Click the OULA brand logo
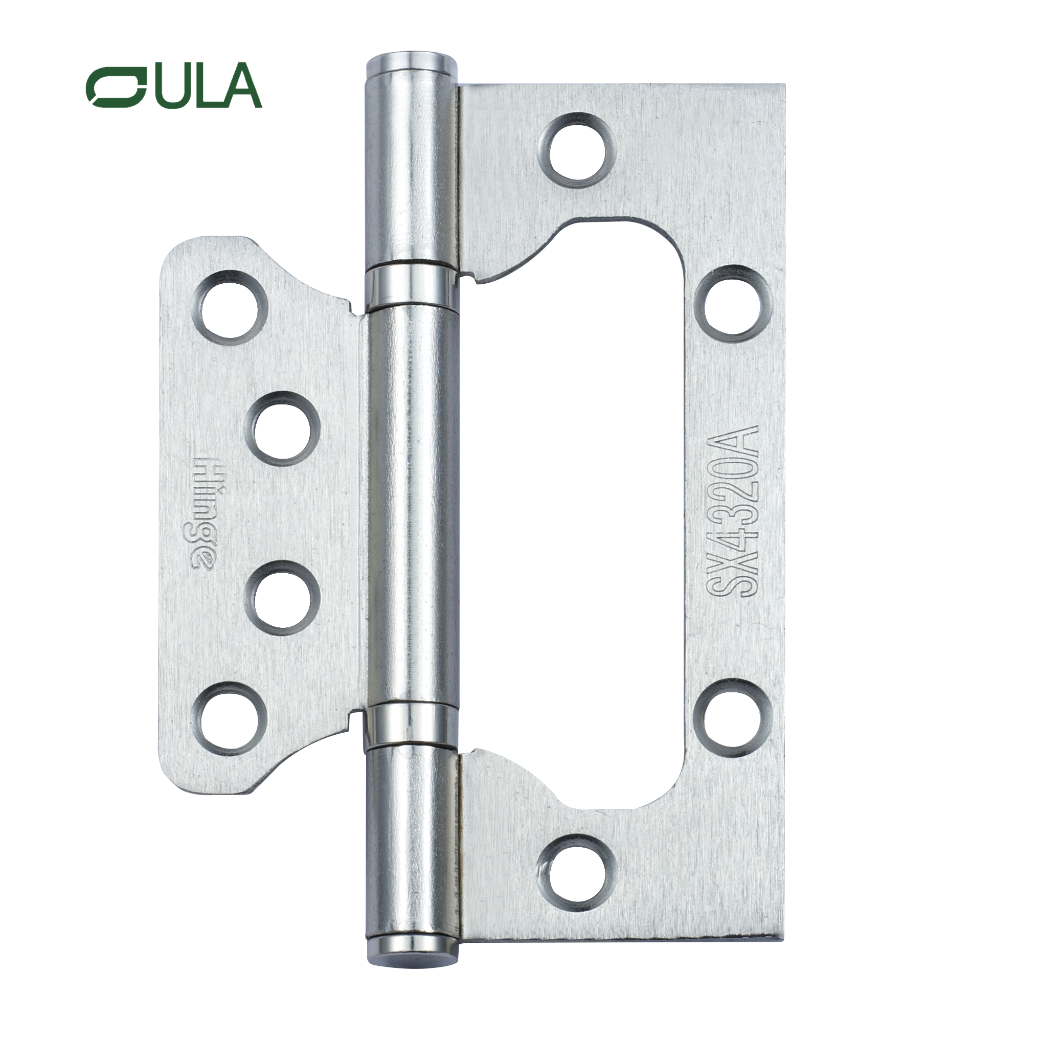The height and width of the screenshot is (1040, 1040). tap(174, 85)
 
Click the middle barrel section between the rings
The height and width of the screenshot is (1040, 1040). tap(411, 506)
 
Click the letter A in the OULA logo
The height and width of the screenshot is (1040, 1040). tap(242, 85)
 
